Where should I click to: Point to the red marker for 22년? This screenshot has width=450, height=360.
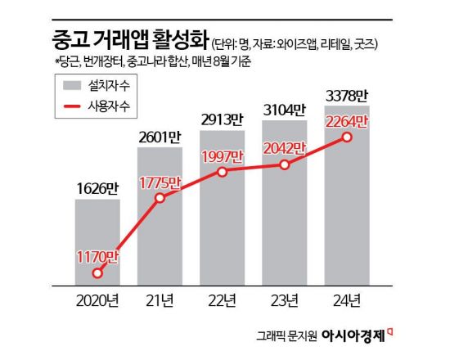(x=223, y=173)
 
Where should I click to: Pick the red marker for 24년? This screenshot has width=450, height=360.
(x=348, y=137)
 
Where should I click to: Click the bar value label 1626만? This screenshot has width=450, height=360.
(x=97, y=186)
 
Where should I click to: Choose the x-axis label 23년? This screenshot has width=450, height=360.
(x=285, y=299)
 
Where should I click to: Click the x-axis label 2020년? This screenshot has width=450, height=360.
(x=97, y=299)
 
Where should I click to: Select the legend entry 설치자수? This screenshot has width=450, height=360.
(x=105, y=84)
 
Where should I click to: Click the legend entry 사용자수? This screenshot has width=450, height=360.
(x=105, y=106)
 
